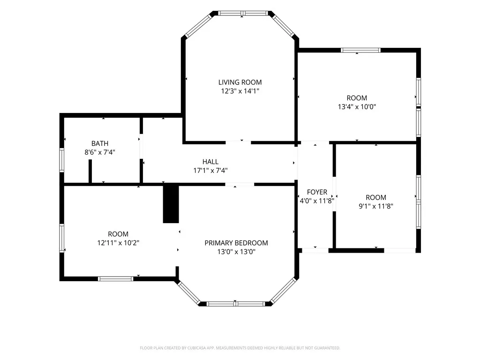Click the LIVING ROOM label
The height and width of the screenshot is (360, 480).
240,82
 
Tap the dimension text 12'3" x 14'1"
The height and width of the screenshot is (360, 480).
240,91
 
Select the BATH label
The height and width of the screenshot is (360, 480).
100,143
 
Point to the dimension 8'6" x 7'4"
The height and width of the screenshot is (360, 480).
100,152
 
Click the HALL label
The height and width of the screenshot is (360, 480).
210,162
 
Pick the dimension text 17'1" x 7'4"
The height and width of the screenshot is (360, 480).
210,171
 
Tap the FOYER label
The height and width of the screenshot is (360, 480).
317,192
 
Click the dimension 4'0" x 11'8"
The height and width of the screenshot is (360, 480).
317,201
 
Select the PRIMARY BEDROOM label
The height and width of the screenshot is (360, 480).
236,243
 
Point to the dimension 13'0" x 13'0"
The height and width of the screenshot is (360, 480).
236,252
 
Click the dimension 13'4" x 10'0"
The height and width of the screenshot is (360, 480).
357,107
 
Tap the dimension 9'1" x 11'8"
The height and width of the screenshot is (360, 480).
376,206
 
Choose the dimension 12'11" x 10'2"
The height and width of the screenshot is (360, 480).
118,243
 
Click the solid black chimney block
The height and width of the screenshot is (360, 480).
171,204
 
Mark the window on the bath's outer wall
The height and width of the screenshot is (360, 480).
62,160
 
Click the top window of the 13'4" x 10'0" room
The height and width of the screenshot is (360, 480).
360,50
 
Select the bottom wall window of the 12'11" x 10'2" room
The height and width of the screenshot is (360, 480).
115,278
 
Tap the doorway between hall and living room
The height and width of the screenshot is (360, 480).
238,142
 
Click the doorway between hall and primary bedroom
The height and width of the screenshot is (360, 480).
240,184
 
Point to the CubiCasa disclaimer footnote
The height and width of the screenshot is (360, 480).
240,348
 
